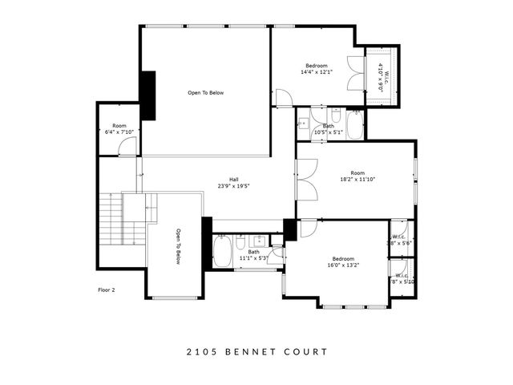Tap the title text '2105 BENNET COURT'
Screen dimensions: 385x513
256,351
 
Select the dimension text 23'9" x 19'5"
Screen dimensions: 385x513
234,186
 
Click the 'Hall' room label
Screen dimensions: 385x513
234,180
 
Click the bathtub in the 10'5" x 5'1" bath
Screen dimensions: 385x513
355,126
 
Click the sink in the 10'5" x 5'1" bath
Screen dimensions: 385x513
304,124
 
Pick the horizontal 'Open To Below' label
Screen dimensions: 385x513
206,93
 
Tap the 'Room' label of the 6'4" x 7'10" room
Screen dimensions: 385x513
119,126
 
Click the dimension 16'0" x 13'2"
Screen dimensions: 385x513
343,265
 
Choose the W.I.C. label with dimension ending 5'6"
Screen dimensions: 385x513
400,239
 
